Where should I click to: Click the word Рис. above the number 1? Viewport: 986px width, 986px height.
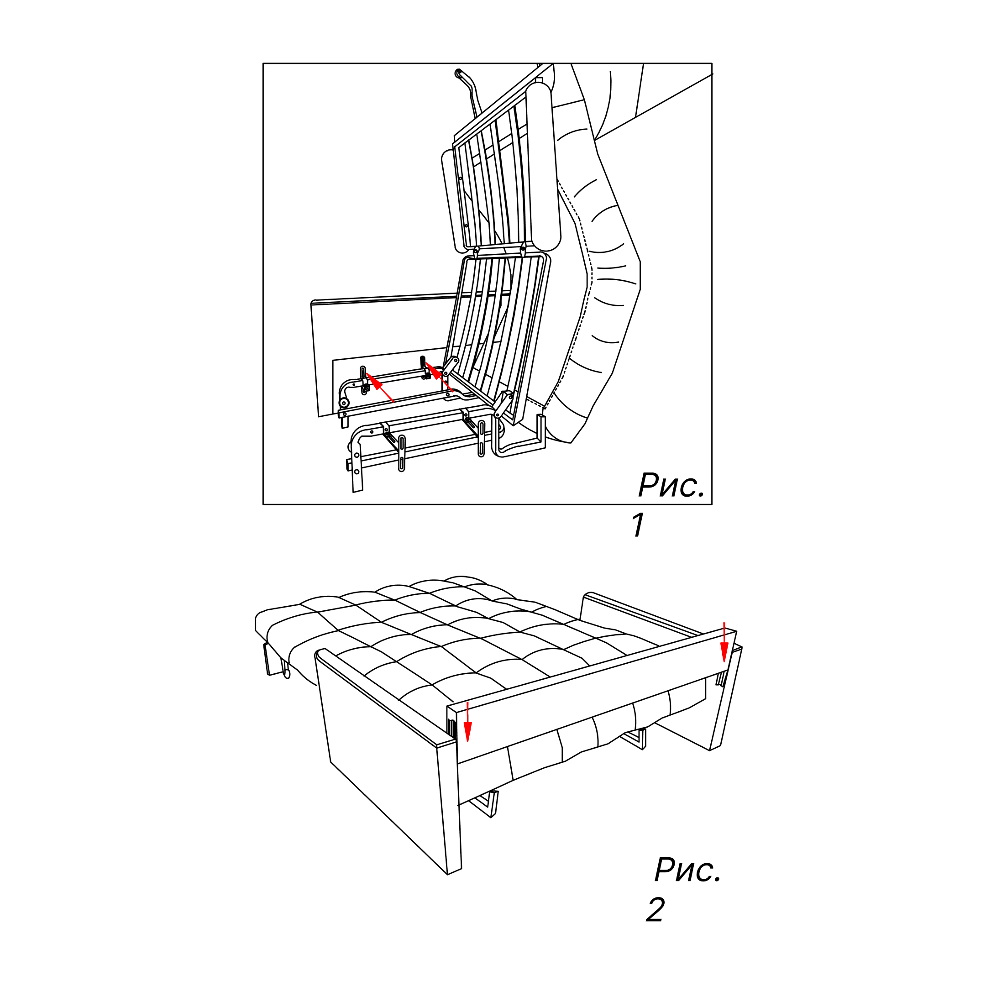[x=671, y=484]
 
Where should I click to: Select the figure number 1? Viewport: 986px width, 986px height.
[x=638, y=524]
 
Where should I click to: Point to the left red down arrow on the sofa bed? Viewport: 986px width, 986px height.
[x=467, y=722]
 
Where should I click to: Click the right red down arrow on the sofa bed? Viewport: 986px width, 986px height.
[x=724, y=642]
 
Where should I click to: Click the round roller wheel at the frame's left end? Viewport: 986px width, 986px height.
[x=345, y=403]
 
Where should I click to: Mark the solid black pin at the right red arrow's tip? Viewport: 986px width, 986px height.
[x=423, y=362]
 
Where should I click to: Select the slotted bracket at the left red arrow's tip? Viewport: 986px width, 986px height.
[x=363, y=380]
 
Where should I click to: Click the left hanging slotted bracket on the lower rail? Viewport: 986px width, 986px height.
[x=402, y=453]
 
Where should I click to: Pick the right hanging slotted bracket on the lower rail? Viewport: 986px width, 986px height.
[x=481, y=438]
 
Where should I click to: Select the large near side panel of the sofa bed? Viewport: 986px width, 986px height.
[x=388, y=760]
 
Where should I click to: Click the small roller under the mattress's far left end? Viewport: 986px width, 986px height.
[x=287, y=674]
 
